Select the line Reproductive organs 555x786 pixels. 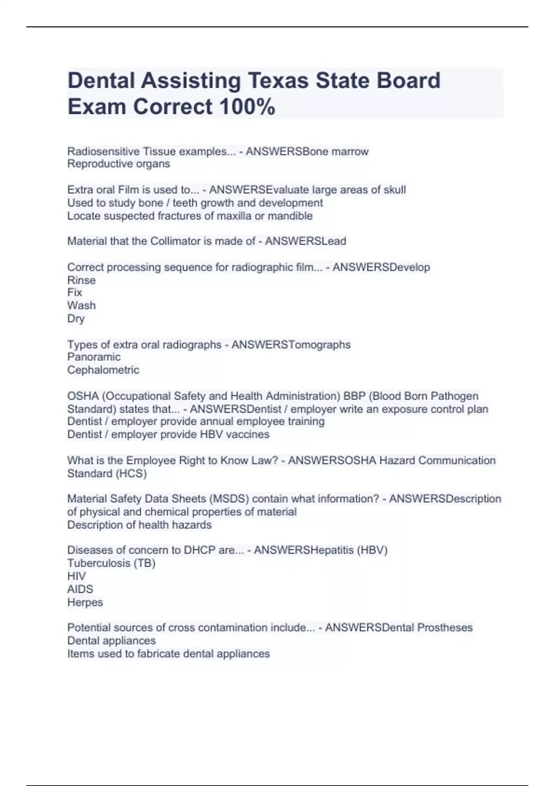(x=118, y=164)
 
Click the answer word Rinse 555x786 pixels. (x=81, y=280)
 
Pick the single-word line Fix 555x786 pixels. (x=74, y=293)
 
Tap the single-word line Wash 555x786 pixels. (x=81, y=306)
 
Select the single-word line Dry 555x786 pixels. (x=76, y=319)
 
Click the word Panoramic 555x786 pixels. (x=94, y=357)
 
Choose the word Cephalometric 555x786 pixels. (x=103, y=370)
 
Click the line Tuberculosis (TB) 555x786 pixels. (x=111, y=563)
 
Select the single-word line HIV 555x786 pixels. (x=76, y=576)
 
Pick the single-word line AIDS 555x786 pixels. (x=80, y=589)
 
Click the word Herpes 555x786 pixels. (x=85, y=602)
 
